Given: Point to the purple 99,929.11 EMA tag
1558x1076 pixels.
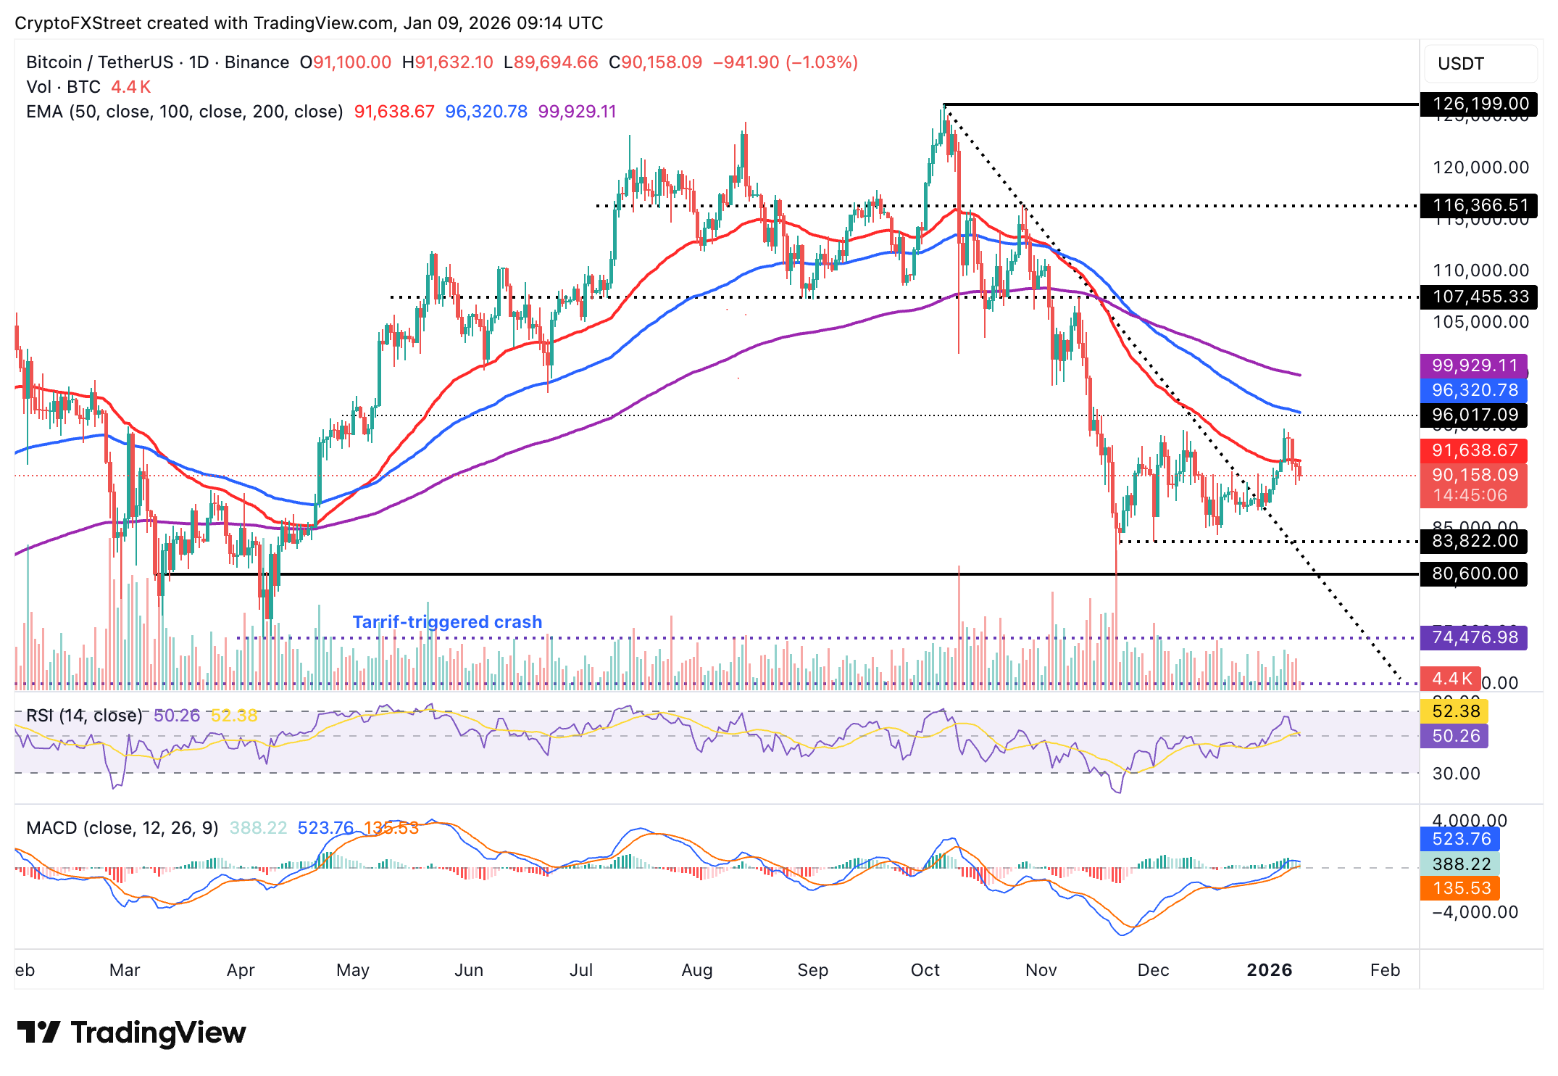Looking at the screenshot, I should (x=1474, y=365).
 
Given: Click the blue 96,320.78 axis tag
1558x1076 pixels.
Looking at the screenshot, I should (x=1474, y=390).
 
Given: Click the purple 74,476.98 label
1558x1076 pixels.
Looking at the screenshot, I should (x=1474, y=637).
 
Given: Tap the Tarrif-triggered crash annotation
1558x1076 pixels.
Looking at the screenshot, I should (x=447, y=622).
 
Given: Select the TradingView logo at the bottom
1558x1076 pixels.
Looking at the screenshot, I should (x=131, y=1032).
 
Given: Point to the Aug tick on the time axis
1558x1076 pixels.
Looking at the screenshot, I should (x=696, y=970).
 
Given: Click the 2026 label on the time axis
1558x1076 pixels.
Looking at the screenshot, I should (x=1269, y=970).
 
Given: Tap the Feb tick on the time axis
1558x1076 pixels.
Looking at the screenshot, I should (x=1384, y=970).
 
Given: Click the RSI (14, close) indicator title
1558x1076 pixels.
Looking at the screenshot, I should (x=84, y=716).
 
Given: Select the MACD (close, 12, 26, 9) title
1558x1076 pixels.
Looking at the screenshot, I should (x=122, y=828).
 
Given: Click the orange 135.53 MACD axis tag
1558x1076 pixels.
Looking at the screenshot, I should (x=1461, y=888).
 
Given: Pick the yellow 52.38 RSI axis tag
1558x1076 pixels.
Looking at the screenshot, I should (x=1455, y=711).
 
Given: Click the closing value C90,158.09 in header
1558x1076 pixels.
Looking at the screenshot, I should (x=655, y=62).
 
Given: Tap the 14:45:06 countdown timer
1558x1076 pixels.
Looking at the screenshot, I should (x=1470, y=495).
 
